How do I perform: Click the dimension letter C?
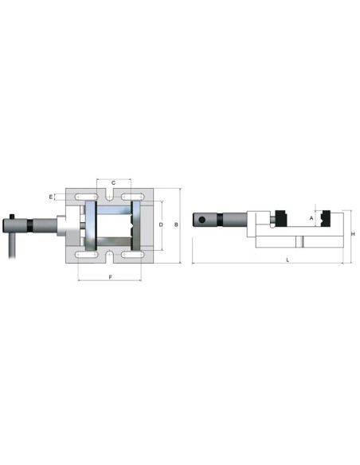(x=113, y=183)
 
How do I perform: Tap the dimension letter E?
(x=51, y=197)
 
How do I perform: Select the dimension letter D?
(x=161, y=225)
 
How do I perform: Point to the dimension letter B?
(x=176, y=225)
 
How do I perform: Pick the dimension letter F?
(x=111, y=277)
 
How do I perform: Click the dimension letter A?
(x=311, y=218)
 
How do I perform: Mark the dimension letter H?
(x=353, y=234)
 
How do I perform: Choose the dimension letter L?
(x=288, y=260)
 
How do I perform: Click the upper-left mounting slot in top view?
(x=87, y=197)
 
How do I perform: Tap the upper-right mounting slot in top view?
(x=132, y=197)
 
